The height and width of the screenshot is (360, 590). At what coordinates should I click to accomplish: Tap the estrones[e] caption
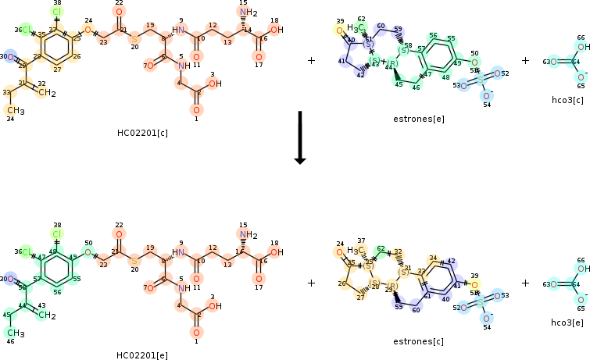[x=418, y=119]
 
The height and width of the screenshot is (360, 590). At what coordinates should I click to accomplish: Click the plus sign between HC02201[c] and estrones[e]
[x=311, y=60]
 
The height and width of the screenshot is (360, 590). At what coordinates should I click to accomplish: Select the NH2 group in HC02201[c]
[x=249, y=12]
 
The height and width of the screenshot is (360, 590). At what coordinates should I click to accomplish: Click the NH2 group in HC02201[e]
[x=249, y=234]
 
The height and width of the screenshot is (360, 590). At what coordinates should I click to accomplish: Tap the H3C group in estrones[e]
[x=355, y=29]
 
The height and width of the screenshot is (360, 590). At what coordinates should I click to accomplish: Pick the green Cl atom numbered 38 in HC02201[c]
[x=56, y=12]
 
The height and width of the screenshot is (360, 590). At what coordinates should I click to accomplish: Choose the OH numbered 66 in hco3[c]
[x=584, y=47]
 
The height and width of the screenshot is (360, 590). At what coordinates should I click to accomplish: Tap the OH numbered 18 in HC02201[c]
[x=276, y=30]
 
